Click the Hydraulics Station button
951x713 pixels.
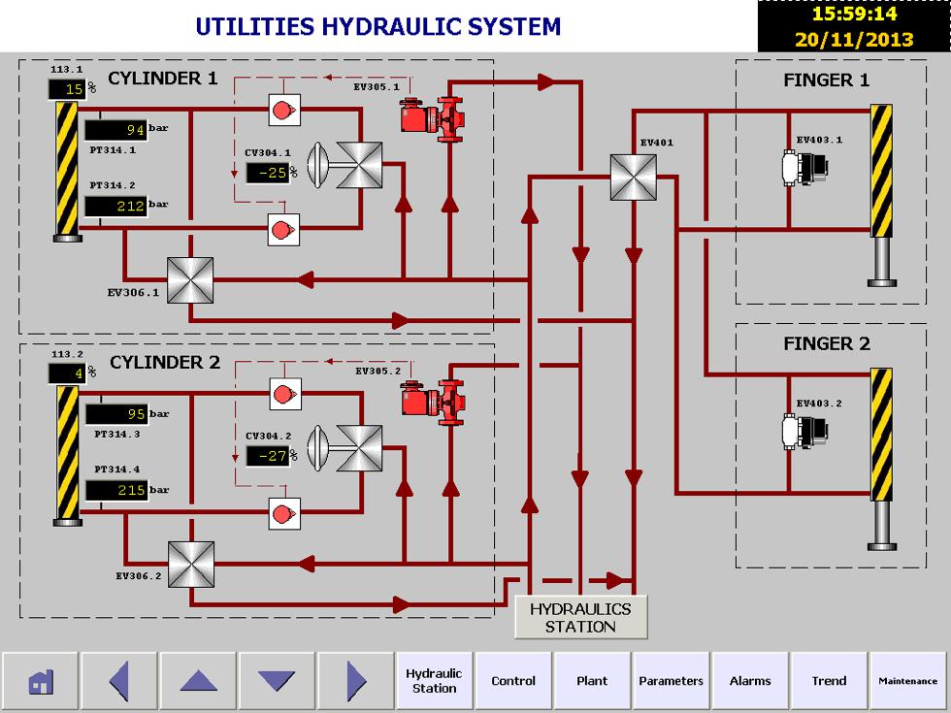580,617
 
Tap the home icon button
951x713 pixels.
40,681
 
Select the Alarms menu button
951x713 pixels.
750,681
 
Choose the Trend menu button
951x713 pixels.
829,681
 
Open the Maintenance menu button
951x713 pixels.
908,681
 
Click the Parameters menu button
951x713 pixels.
671,681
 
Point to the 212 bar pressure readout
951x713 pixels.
115,206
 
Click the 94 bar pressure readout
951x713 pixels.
115,130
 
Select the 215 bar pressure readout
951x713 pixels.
115,491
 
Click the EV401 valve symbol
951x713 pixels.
634,178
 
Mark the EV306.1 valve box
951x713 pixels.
190,281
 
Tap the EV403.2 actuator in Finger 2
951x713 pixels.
804,432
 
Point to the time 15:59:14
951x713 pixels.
854,15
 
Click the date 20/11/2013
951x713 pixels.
854,40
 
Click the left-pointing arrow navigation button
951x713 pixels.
118,681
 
